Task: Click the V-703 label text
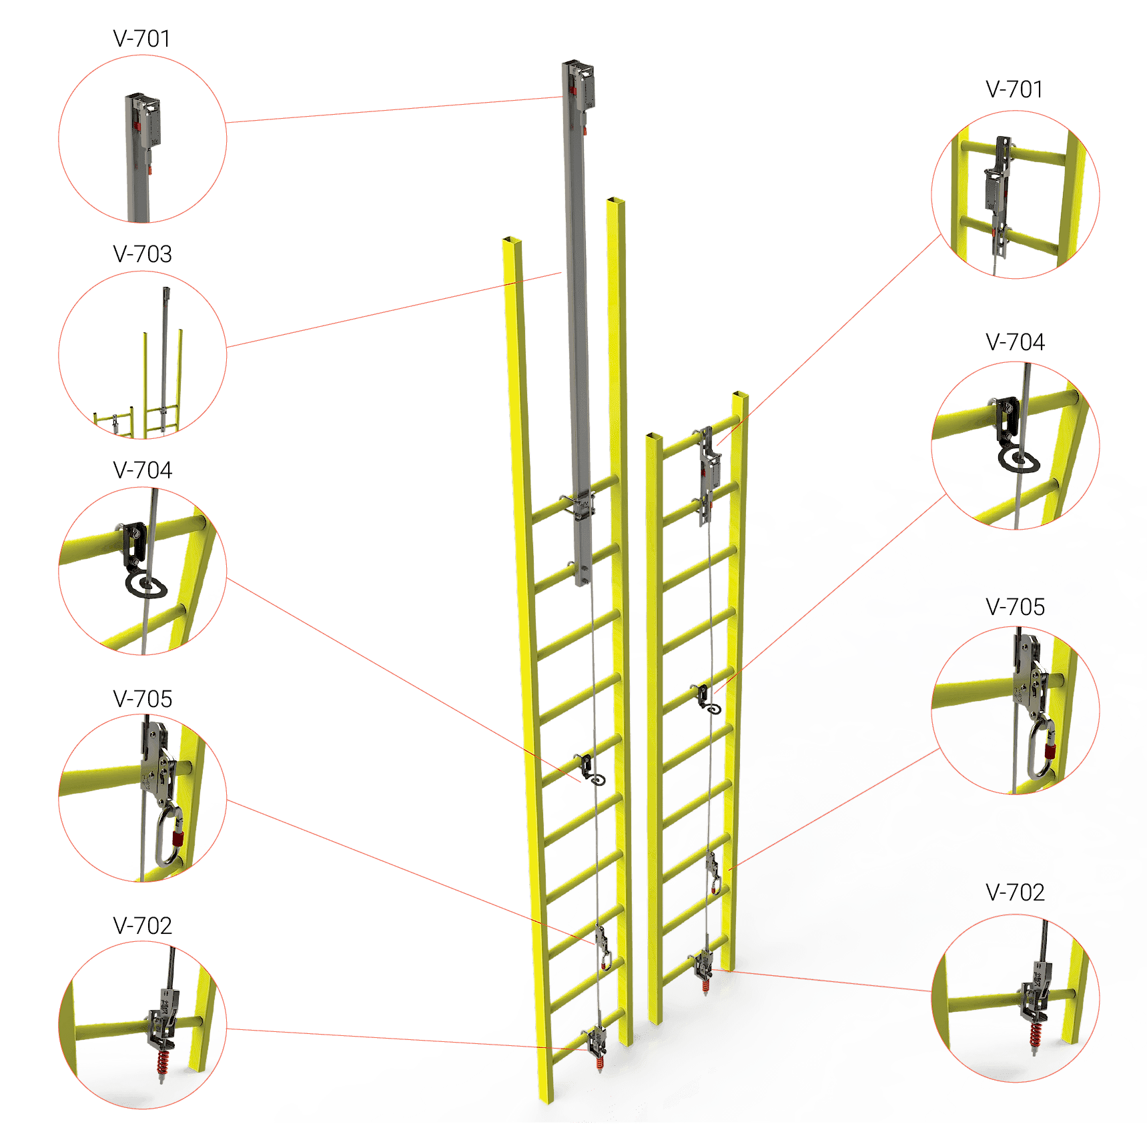(143, 254)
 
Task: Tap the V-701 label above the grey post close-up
(141, 39)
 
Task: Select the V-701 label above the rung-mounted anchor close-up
(1014, 89)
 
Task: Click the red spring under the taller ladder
(599, 1064)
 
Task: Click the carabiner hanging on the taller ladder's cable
(605, 959)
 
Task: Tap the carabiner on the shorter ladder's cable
(716, 885)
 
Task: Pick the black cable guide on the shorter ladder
(707, 699)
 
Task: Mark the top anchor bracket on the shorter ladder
(710, 467)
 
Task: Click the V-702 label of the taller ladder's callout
(143, 926)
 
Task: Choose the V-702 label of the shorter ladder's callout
(1015, 893)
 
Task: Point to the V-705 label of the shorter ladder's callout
(1015, 607)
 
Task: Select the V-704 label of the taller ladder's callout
(143, 470)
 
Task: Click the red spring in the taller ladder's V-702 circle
(162, 1063)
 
